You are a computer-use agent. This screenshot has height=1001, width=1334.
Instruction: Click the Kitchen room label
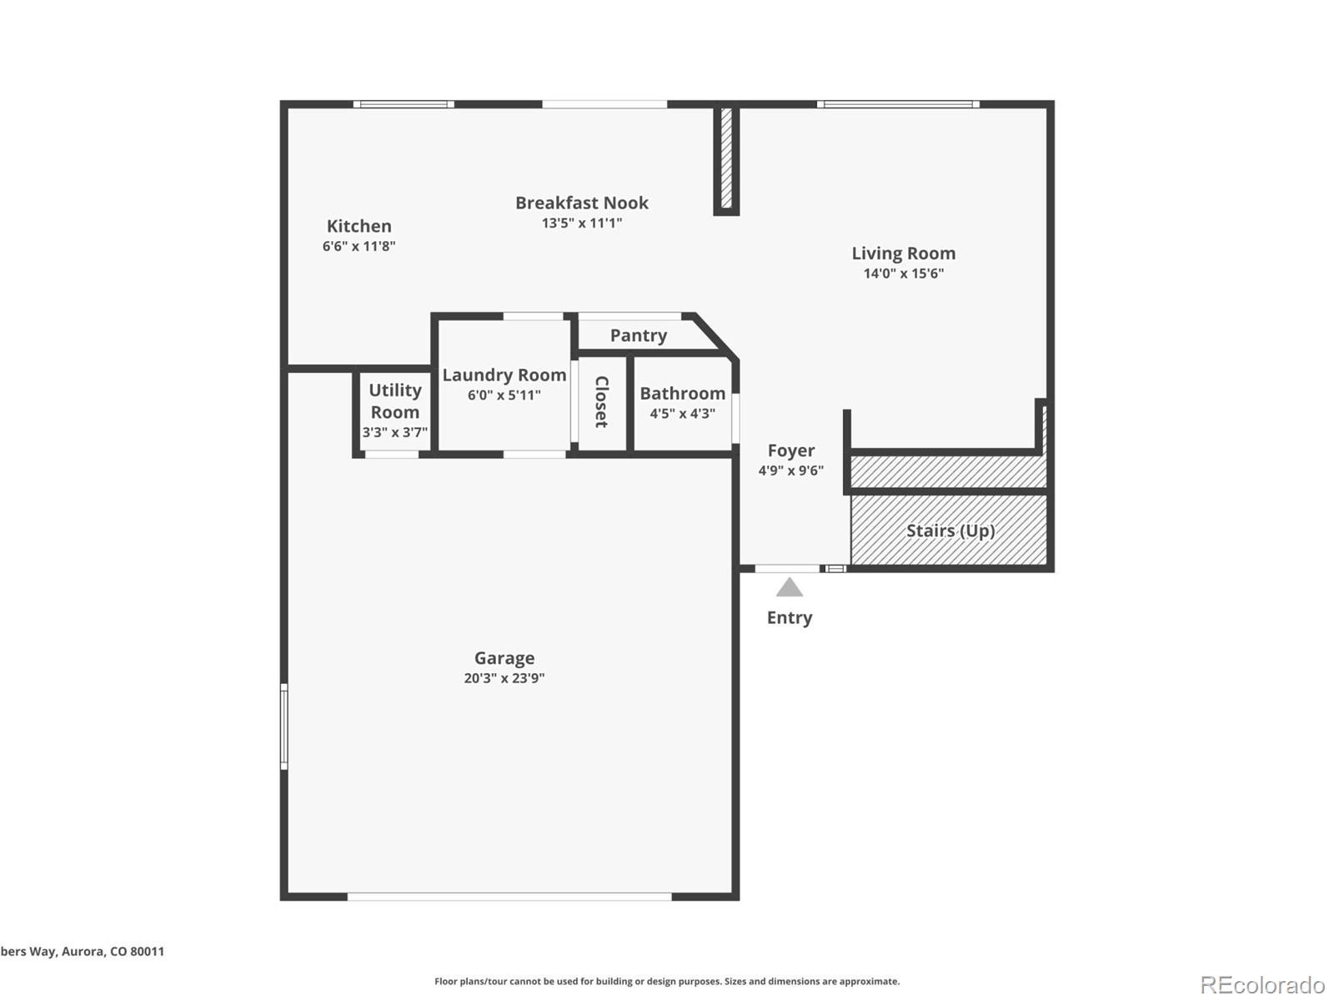click(359, 226)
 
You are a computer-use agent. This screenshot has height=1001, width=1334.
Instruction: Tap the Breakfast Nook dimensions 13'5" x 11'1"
click(582, 223)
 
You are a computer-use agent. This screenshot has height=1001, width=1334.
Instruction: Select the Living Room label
click(903, 254)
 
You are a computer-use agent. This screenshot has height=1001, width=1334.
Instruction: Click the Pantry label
click(638, 335)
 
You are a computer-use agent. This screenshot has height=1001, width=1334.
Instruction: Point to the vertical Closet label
click(601, 402)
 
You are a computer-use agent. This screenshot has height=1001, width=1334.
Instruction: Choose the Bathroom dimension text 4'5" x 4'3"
click(682, 413)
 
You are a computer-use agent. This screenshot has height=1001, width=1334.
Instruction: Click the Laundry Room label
click(504, 375)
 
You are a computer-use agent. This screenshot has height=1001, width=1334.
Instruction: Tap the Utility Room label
click(394, 401)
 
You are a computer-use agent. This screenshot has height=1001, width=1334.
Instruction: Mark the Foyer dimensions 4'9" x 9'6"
click(790, 470)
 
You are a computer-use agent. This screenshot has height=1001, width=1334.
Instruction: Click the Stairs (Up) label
click(950, 531)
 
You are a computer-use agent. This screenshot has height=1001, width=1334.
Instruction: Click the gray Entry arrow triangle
click(790, 588)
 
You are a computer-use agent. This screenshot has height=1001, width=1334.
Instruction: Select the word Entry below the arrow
click(790, 618)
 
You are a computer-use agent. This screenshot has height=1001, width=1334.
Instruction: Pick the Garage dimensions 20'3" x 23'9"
click(504, 678)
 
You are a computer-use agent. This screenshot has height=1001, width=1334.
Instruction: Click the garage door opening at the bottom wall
click(509, 897)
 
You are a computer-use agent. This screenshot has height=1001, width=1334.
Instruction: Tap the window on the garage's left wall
click(284, 726)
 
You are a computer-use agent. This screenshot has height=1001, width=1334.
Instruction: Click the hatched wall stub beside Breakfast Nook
click(725, 158)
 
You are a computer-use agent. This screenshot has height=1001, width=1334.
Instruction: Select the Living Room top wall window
click(898, 104)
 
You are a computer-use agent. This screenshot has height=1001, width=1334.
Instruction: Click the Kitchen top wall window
click(404, 104)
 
